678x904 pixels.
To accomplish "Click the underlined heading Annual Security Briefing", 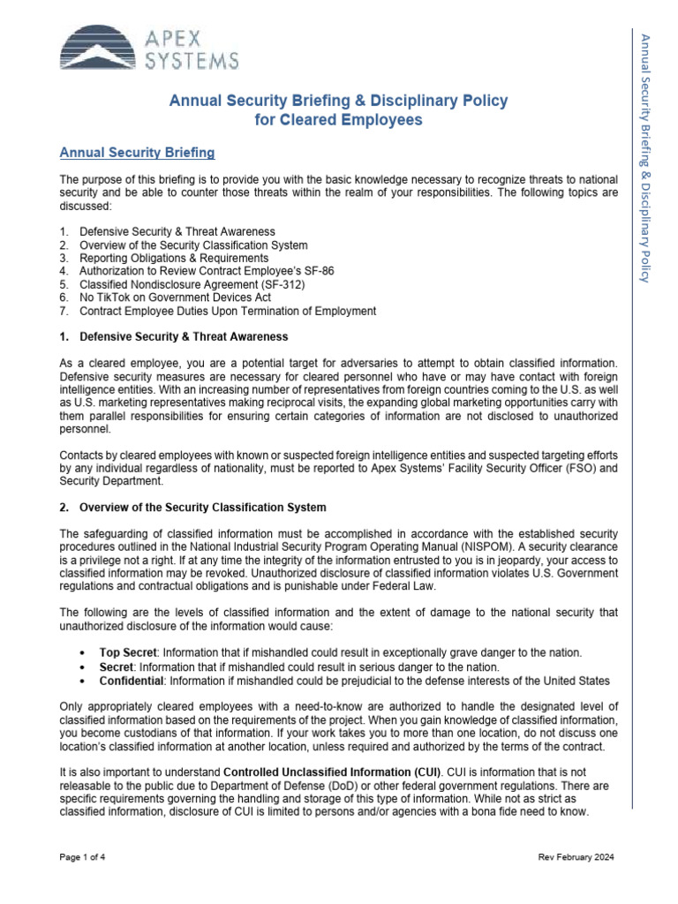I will click(x=137, y=153).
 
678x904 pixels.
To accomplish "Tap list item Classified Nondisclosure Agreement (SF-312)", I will click(x=190, y=284).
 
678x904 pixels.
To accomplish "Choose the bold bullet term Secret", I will click(x=117, y=667).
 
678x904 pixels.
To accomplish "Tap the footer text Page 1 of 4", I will click(x=83, y=857).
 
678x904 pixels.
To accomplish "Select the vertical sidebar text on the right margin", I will click(x=644, y=159).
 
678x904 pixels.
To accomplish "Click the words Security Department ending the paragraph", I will click(x=105, y=481).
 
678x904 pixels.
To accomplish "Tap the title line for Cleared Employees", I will click(x=338, y=120).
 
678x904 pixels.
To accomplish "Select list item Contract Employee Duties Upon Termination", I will click(x=227, y=311).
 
